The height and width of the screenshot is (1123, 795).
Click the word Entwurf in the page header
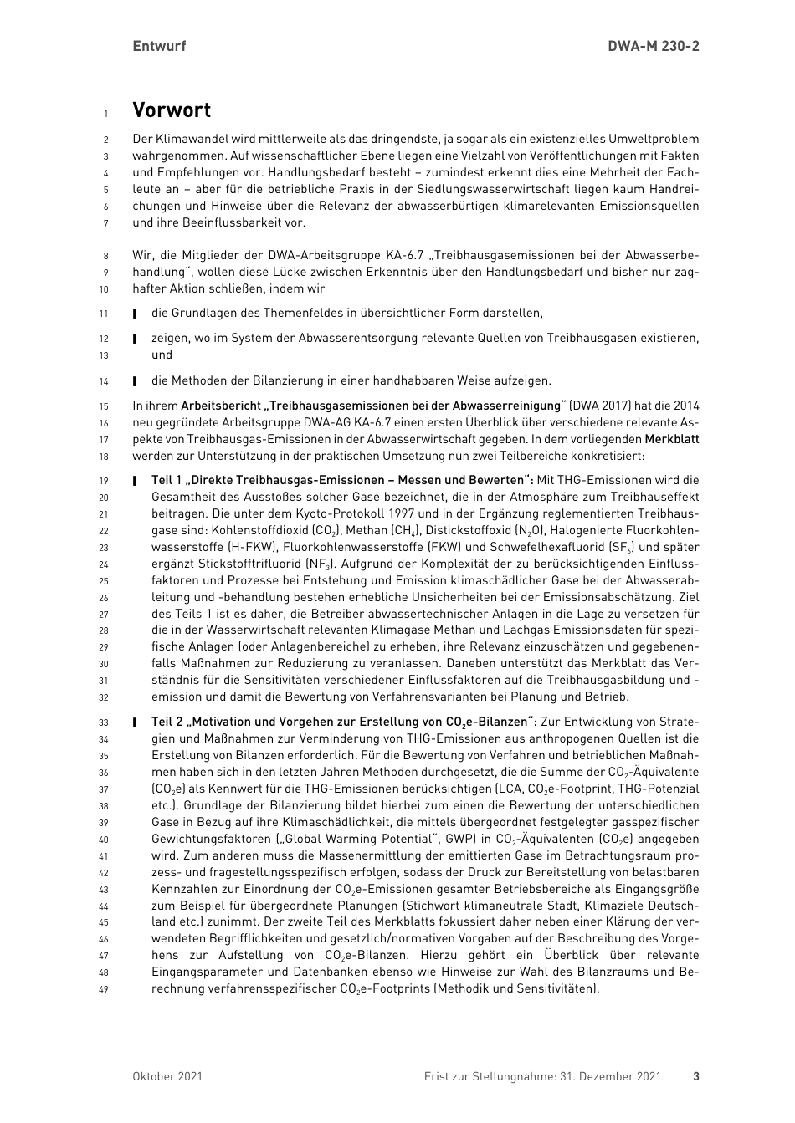tap(159, 46)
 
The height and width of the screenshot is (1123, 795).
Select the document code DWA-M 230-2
tap(653, 46)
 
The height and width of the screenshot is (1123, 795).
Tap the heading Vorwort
tap(172, 110)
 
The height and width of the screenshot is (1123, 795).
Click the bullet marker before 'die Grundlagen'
tap(134, 314)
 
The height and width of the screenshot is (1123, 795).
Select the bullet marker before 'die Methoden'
tap(134, 381)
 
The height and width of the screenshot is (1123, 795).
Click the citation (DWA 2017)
tap(602, 406)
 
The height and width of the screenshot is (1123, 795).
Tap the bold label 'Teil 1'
tap(167, 480)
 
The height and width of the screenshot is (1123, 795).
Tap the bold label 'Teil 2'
tap(167, 722)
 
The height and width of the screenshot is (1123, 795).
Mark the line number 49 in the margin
tap(104, 989)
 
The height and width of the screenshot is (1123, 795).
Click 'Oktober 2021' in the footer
tap(167, 1076)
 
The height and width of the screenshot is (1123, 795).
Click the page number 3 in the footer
tap(695, 1076)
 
